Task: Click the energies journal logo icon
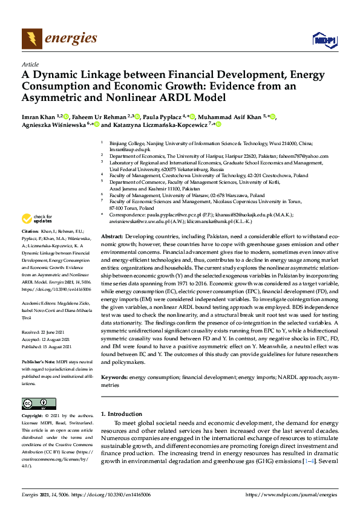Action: click(31, 39)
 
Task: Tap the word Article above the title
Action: click(30, 64)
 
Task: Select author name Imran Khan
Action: click(37, 117)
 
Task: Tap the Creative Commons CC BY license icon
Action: click(34, 404)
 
